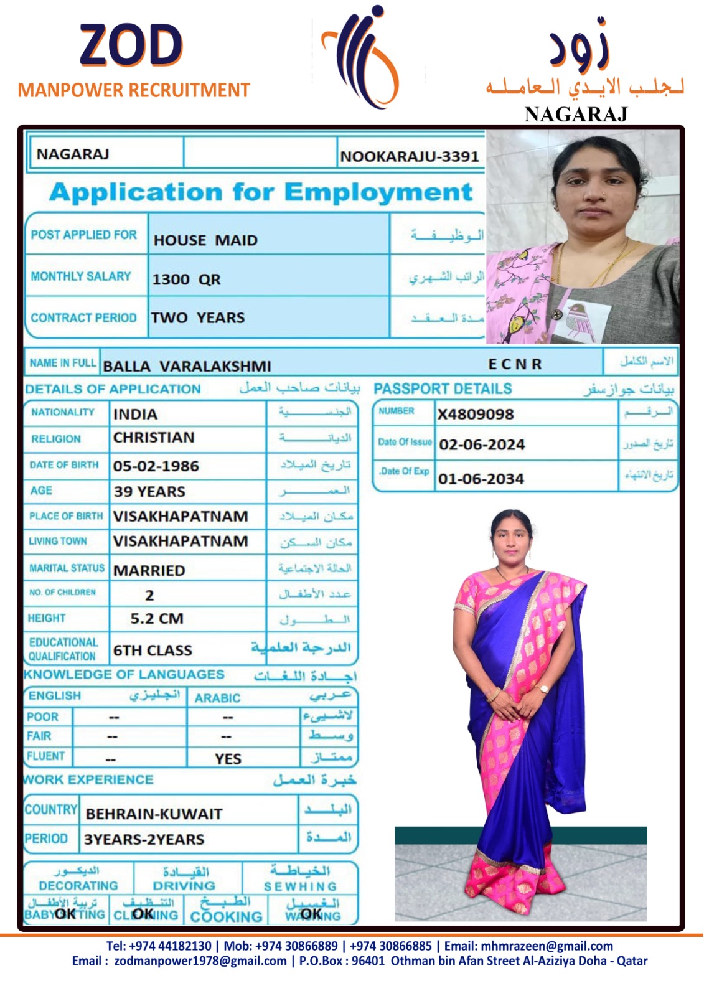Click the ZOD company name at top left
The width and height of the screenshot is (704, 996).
[x=131, y=46]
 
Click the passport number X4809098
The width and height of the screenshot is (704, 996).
[x=476, y=414]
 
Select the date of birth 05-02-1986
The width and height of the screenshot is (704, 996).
[x=156, y=466]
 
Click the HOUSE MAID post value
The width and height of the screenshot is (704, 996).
[x=205, y=240]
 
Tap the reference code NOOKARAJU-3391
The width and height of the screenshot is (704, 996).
[x=409, y=157]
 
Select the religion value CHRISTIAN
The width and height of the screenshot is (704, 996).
[x=154, y=438]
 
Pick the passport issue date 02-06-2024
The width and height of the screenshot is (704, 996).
[x=482, y=444]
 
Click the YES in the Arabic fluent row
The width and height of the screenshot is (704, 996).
[x=228, y=759]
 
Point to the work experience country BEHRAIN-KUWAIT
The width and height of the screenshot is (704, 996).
[x=154, y=814]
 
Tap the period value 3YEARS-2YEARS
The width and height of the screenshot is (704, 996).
[x=144, y=840]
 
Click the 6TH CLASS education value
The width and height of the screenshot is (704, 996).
[x=153, y=651]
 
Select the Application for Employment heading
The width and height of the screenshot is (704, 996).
[x=261, y=192]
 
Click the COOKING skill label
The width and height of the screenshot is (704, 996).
[x=226, y=916]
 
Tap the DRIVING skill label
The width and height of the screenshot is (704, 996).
[x=184, y=885]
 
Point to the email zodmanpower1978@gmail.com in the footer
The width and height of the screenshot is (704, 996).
[x=200, y=961]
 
